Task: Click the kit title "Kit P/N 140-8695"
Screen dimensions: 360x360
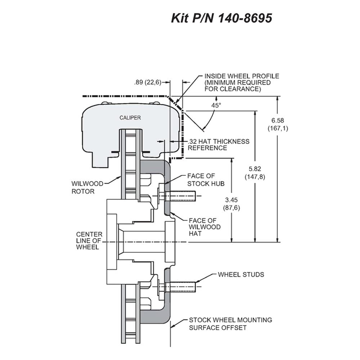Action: [221, 18]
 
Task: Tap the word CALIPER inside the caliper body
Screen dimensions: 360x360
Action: [130, 118]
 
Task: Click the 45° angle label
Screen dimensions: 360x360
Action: [216, 105]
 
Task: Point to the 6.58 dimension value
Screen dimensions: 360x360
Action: [278, 120]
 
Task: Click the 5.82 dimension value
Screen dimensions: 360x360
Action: [255, 169]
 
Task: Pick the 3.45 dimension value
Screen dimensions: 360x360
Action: [231, 200]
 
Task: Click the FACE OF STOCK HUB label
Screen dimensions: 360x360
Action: [206, 180]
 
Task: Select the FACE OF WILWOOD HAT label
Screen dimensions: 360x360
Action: [205, 227]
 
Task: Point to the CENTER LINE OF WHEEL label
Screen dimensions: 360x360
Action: [89, 240]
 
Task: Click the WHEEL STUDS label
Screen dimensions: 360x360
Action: [241, 275]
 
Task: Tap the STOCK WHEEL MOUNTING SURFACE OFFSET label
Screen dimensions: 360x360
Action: [230, 324]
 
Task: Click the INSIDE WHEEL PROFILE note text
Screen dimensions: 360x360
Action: [242, 82]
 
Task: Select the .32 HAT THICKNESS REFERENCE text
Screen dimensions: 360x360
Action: [219, 145]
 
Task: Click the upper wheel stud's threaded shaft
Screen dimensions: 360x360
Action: [180, 196]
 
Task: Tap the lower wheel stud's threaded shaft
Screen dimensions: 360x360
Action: [180, 287]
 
